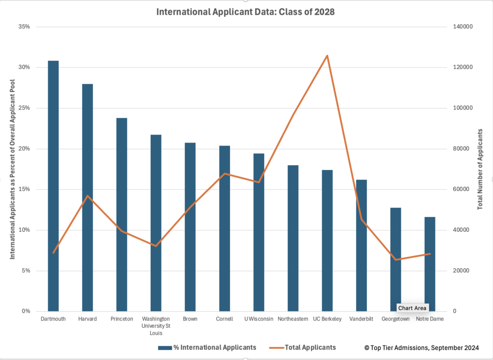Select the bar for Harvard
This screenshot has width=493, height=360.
coord(87,198)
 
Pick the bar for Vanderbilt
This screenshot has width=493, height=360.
coord(361,245)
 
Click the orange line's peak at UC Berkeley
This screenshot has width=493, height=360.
coord(327,55)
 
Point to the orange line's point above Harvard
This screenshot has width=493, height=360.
coord(87,196)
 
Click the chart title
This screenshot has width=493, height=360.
coord(246,12)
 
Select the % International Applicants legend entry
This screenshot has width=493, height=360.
coord(207,347)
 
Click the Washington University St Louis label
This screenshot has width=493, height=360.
coord(156,326)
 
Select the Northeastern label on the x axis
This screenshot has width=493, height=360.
coord(293,319)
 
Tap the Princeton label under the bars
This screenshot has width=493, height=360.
coord(121,319)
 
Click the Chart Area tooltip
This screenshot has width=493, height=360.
coord(413,308)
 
